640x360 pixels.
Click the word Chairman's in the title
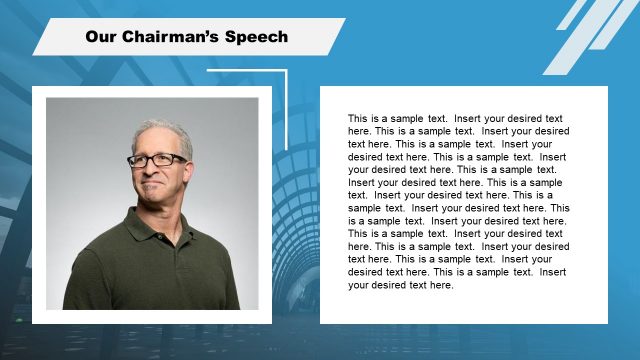[x=176, y=37]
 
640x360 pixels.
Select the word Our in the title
[x=101, y=37]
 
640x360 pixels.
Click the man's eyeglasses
[x=158, y=160]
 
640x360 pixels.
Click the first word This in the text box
[x=358, y=118]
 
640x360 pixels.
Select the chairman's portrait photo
[x=152, y=204]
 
